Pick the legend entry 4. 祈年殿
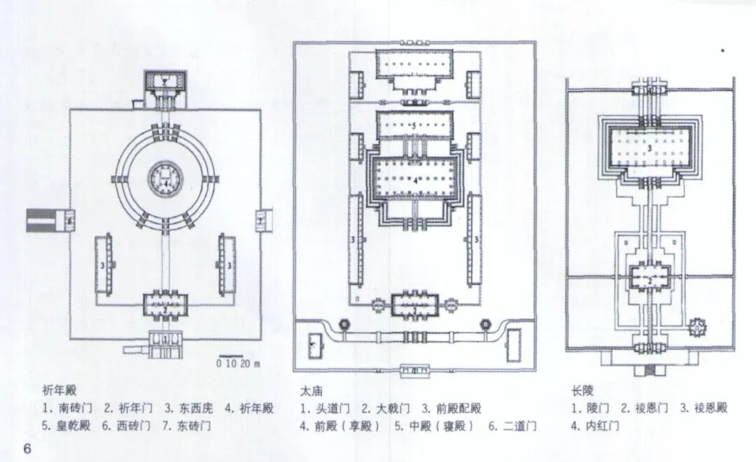coord(248,408)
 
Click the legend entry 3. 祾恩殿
coord(703,408)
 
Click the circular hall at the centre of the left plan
coord(166,181)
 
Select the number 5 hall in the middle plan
coord(416,125)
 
